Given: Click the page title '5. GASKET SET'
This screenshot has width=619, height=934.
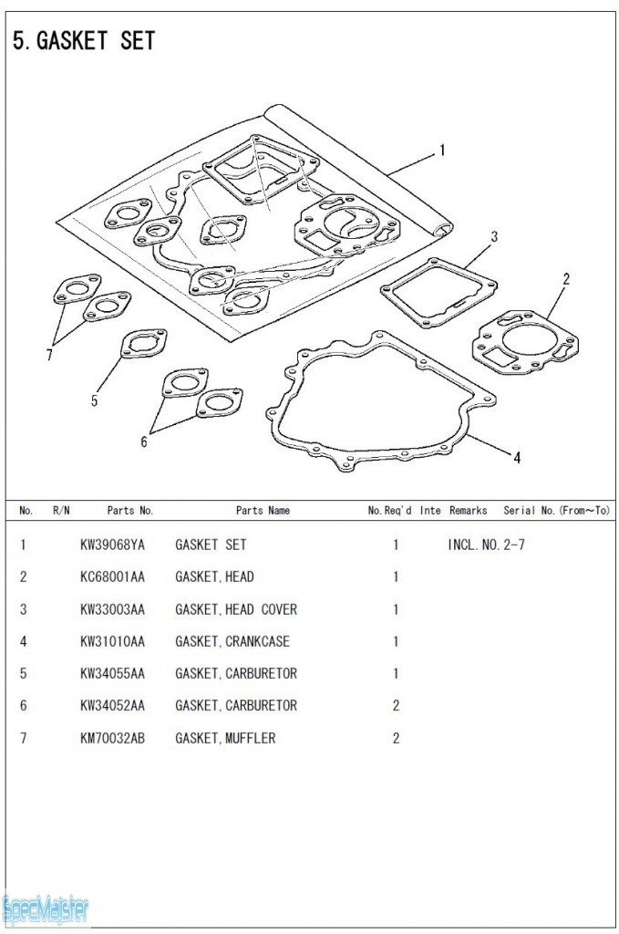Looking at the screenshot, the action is pos(84,40).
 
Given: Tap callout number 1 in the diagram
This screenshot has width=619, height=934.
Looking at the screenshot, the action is pos(441,150).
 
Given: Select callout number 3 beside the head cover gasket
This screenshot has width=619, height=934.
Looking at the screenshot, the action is pos(493,236).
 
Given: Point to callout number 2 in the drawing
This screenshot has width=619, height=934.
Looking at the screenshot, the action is pos(566,278).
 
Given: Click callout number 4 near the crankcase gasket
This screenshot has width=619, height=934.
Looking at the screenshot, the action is pos(517,458).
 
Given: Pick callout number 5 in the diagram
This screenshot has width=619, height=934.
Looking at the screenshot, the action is pos(94,400).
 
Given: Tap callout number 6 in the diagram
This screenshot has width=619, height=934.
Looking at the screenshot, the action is pos(143,441).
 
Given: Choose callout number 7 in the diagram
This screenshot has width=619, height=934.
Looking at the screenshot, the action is pos(49,355).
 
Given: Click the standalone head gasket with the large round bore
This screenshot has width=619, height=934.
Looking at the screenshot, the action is pos(525,343).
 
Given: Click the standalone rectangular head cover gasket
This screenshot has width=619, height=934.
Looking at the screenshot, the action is pos(438,292).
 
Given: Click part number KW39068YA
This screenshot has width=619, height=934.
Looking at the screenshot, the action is pos(112,545).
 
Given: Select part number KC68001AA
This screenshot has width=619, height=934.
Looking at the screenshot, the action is pos(112,576).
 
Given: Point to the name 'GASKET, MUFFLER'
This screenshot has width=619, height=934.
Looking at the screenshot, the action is pos(225,738).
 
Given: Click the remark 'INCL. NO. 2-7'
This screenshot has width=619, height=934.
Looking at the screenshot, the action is pos(486,545).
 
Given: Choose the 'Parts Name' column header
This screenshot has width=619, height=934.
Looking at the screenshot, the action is pos(263,511).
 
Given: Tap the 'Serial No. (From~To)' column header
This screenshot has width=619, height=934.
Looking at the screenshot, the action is pos(556,511).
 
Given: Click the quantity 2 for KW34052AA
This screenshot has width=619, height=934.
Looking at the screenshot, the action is pos(396,706).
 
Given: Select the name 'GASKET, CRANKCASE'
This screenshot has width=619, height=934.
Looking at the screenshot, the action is pos(232,641).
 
